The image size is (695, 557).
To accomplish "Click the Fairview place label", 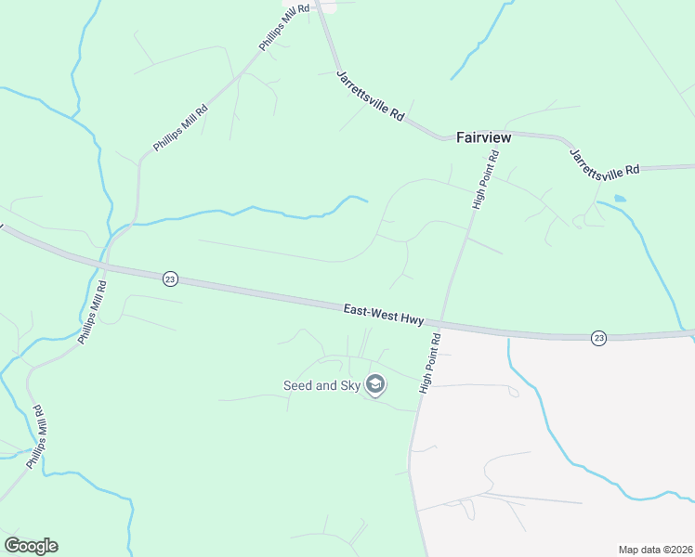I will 483,137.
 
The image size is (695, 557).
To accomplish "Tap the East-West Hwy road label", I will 383,315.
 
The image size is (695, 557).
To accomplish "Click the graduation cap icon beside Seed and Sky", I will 375,384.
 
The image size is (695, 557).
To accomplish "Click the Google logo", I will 31,546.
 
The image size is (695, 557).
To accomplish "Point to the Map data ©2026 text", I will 654,550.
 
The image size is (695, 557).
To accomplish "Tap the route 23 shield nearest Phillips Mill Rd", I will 170,278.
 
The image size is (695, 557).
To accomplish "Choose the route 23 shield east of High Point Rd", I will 598,338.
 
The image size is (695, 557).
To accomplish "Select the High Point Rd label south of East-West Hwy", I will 430,363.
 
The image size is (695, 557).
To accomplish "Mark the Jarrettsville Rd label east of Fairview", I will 605,163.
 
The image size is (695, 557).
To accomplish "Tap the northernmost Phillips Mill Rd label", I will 283,32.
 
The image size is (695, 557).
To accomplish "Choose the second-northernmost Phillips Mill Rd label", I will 181,129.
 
